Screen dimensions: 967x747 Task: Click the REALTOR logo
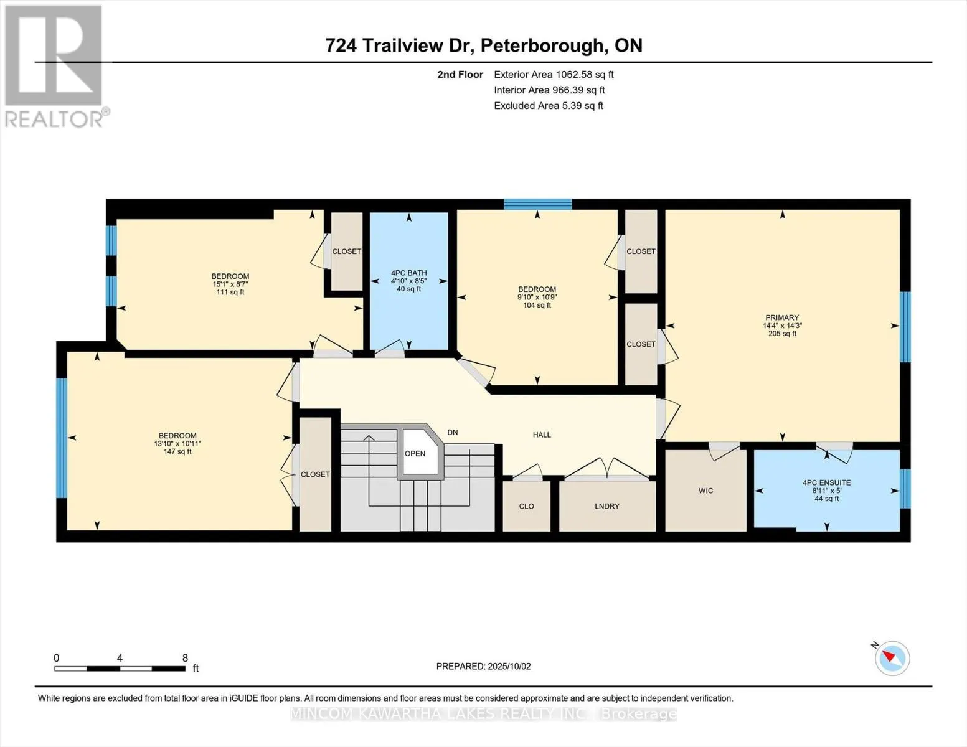(55, 67)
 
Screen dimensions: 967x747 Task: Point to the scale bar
(120, 668)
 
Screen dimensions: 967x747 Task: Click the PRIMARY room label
(782, 317)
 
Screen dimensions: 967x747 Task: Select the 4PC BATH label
(408, 273)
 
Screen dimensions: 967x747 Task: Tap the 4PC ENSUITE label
(826, 482)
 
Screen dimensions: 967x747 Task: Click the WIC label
(705, 491)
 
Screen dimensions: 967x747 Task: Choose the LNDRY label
(607, 506)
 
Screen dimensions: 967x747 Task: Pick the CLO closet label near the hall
(526, 506)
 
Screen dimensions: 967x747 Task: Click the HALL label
(542, 435)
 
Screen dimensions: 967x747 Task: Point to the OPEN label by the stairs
(415, 453)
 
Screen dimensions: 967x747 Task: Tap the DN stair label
(453, 432)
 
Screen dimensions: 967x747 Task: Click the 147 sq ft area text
(177, 451)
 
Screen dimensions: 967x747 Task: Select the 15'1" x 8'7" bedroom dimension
(230, 284)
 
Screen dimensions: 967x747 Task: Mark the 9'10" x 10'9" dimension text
(537, 297)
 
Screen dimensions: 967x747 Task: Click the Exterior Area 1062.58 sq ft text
(554, 74)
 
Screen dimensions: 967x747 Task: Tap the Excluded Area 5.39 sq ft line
(548, 105)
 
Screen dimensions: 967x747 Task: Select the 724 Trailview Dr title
(399, 45)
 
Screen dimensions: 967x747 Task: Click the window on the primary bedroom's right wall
(905, 327)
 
